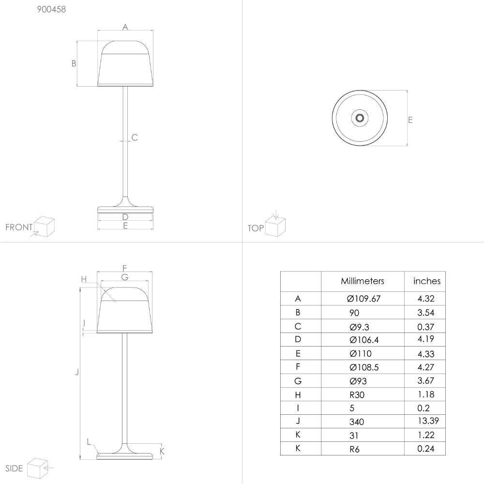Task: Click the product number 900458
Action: pyautogui.click(x=52, y=9)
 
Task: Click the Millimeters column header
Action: pyautogui.click(x=363, y=281)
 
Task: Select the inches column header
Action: pyautogui.click(x=427, y=281)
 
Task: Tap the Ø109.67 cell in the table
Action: pyautogui.click(x=363, y=299)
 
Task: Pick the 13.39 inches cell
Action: pyautogui.click(x=428, y=421)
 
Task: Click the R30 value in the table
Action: pyautogui.click(x=357, y=395)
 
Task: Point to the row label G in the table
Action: pyautogui.click(x=298, y=381)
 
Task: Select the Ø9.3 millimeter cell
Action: pyautogui.click(x=359, y=327)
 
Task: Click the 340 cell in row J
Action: pyautogui.click(x=357, y=422)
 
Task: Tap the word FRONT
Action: pyautogui.click(x=19, y=227)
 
